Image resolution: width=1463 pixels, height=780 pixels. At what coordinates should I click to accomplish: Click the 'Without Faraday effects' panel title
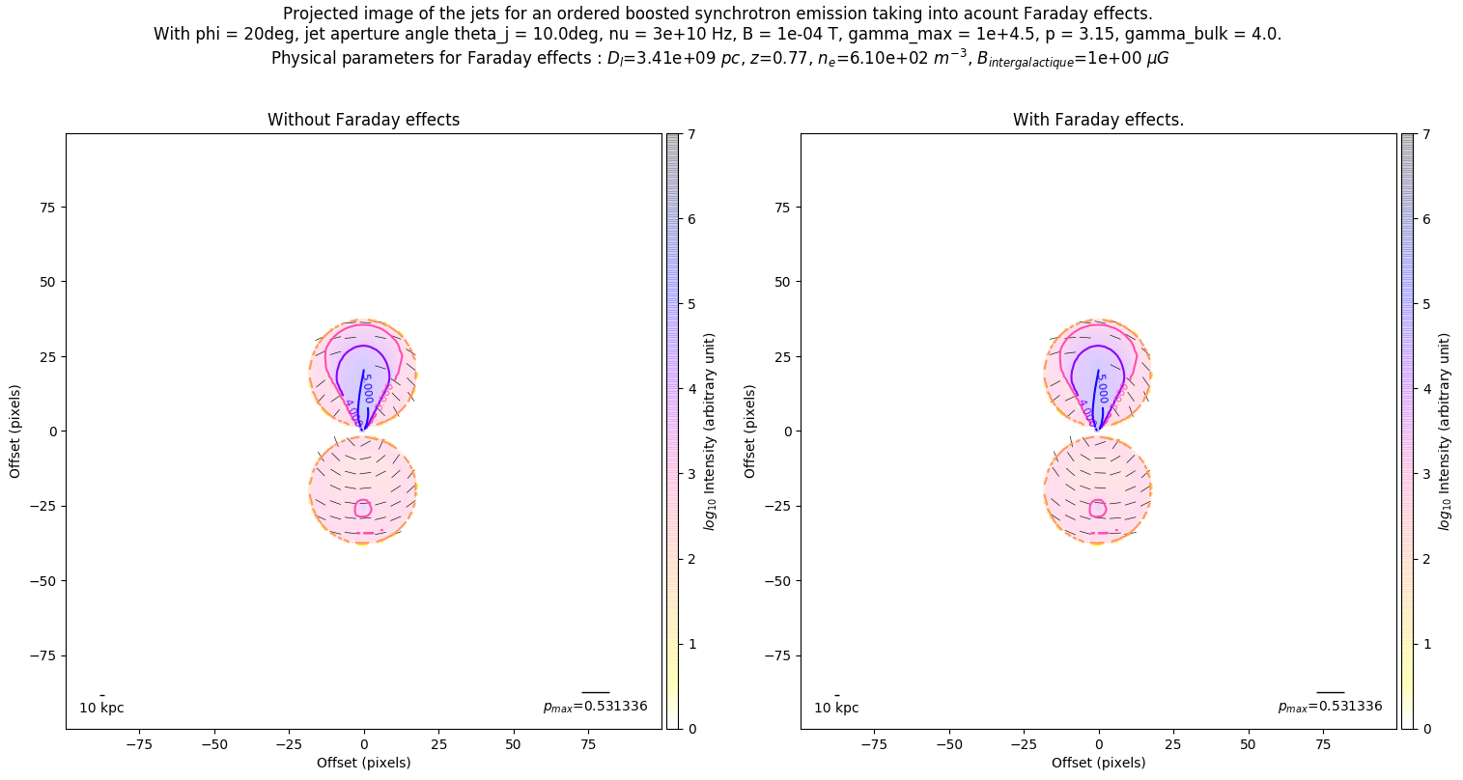(363, 120)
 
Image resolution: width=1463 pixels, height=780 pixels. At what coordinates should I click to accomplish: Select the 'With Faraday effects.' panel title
(1098, 120)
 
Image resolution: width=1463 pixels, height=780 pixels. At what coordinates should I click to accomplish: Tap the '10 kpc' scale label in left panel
(101, 708)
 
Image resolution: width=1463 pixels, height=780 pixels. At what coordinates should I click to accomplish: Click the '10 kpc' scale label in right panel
(836, 708)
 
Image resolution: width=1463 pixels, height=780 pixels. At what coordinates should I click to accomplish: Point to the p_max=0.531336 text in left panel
(595, 707)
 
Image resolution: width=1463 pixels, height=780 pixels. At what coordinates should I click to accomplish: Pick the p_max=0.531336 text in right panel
(1330, 707)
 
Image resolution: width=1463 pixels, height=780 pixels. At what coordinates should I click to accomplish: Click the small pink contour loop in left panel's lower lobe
(363, 509)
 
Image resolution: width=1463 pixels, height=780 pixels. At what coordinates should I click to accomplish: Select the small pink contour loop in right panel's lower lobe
(1098, 509)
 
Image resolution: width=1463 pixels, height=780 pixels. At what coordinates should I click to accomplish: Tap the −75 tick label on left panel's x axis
(140, 744)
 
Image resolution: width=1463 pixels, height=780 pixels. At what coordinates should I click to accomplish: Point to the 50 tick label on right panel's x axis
(1248, 744)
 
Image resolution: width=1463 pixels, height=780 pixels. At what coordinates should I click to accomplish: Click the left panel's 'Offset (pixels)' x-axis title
(363, 763)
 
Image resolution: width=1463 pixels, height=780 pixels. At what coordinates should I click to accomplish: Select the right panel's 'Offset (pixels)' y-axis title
(749, 431)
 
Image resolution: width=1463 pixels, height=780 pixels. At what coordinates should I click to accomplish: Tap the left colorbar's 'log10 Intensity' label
(710, 431)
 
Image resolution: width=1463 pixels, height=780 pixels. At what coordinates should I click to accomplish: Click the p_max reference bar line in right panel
(1330, 692)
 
